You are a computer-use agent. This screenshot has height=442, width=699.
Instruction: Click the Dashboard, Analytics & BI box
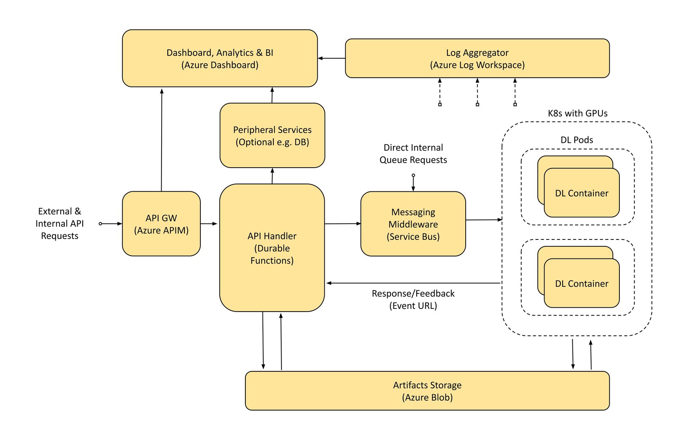click(220, 58)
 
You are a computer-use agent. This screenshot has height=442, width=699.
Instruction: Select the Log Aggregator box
click(477, 58)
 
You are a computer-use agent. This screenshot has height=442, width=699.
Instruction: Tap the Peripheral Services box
click(272, 135)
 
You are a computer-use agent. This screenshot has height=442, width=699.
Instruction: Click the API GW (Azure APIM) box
click(161, 224)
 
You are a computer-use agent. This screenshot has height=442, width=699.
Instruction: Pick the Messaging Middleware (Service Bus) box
click(413, 224)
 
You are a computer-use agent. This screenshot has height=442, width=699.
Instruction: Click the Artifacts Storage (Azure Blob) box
click(427, 391)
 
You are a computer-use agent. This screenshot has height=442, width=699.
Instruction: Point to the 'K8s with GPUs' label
click(577, 113)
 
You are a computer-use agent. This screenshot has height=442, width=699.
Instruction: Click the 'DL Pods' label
click(577, 140)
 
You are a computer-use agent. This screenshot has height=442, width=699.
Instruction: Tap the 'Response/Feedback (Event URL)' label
click(413, 299)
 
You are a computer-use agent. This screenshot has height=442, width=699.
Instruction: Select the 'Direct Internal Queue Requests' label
click(413, 154)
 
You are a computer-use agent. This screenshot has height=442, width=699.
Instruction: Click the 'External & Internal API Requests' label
click(59, 224)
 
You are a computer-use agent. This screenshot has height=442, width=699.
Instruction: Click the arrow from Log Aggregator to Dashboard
click(331, 58)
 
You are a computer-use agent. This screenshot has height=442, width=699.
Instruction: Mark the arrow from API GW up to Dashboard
click(162, 140)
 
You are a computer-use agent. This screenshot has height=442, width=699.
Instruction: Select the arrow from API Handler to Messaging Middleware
click(343, 224)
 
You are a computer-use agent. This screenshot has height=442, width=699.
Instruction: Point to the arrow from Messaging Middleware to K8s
click(483, 220)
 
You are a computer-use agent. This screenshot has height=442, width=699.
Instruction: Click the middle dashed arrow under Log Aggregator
click(477, 92)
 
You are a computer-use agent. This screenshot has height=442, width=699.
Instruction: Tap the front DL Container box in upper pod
click(581, 193)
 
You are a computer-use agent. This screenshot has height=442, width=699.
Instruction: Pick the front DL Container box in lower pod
click(581, 283)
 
